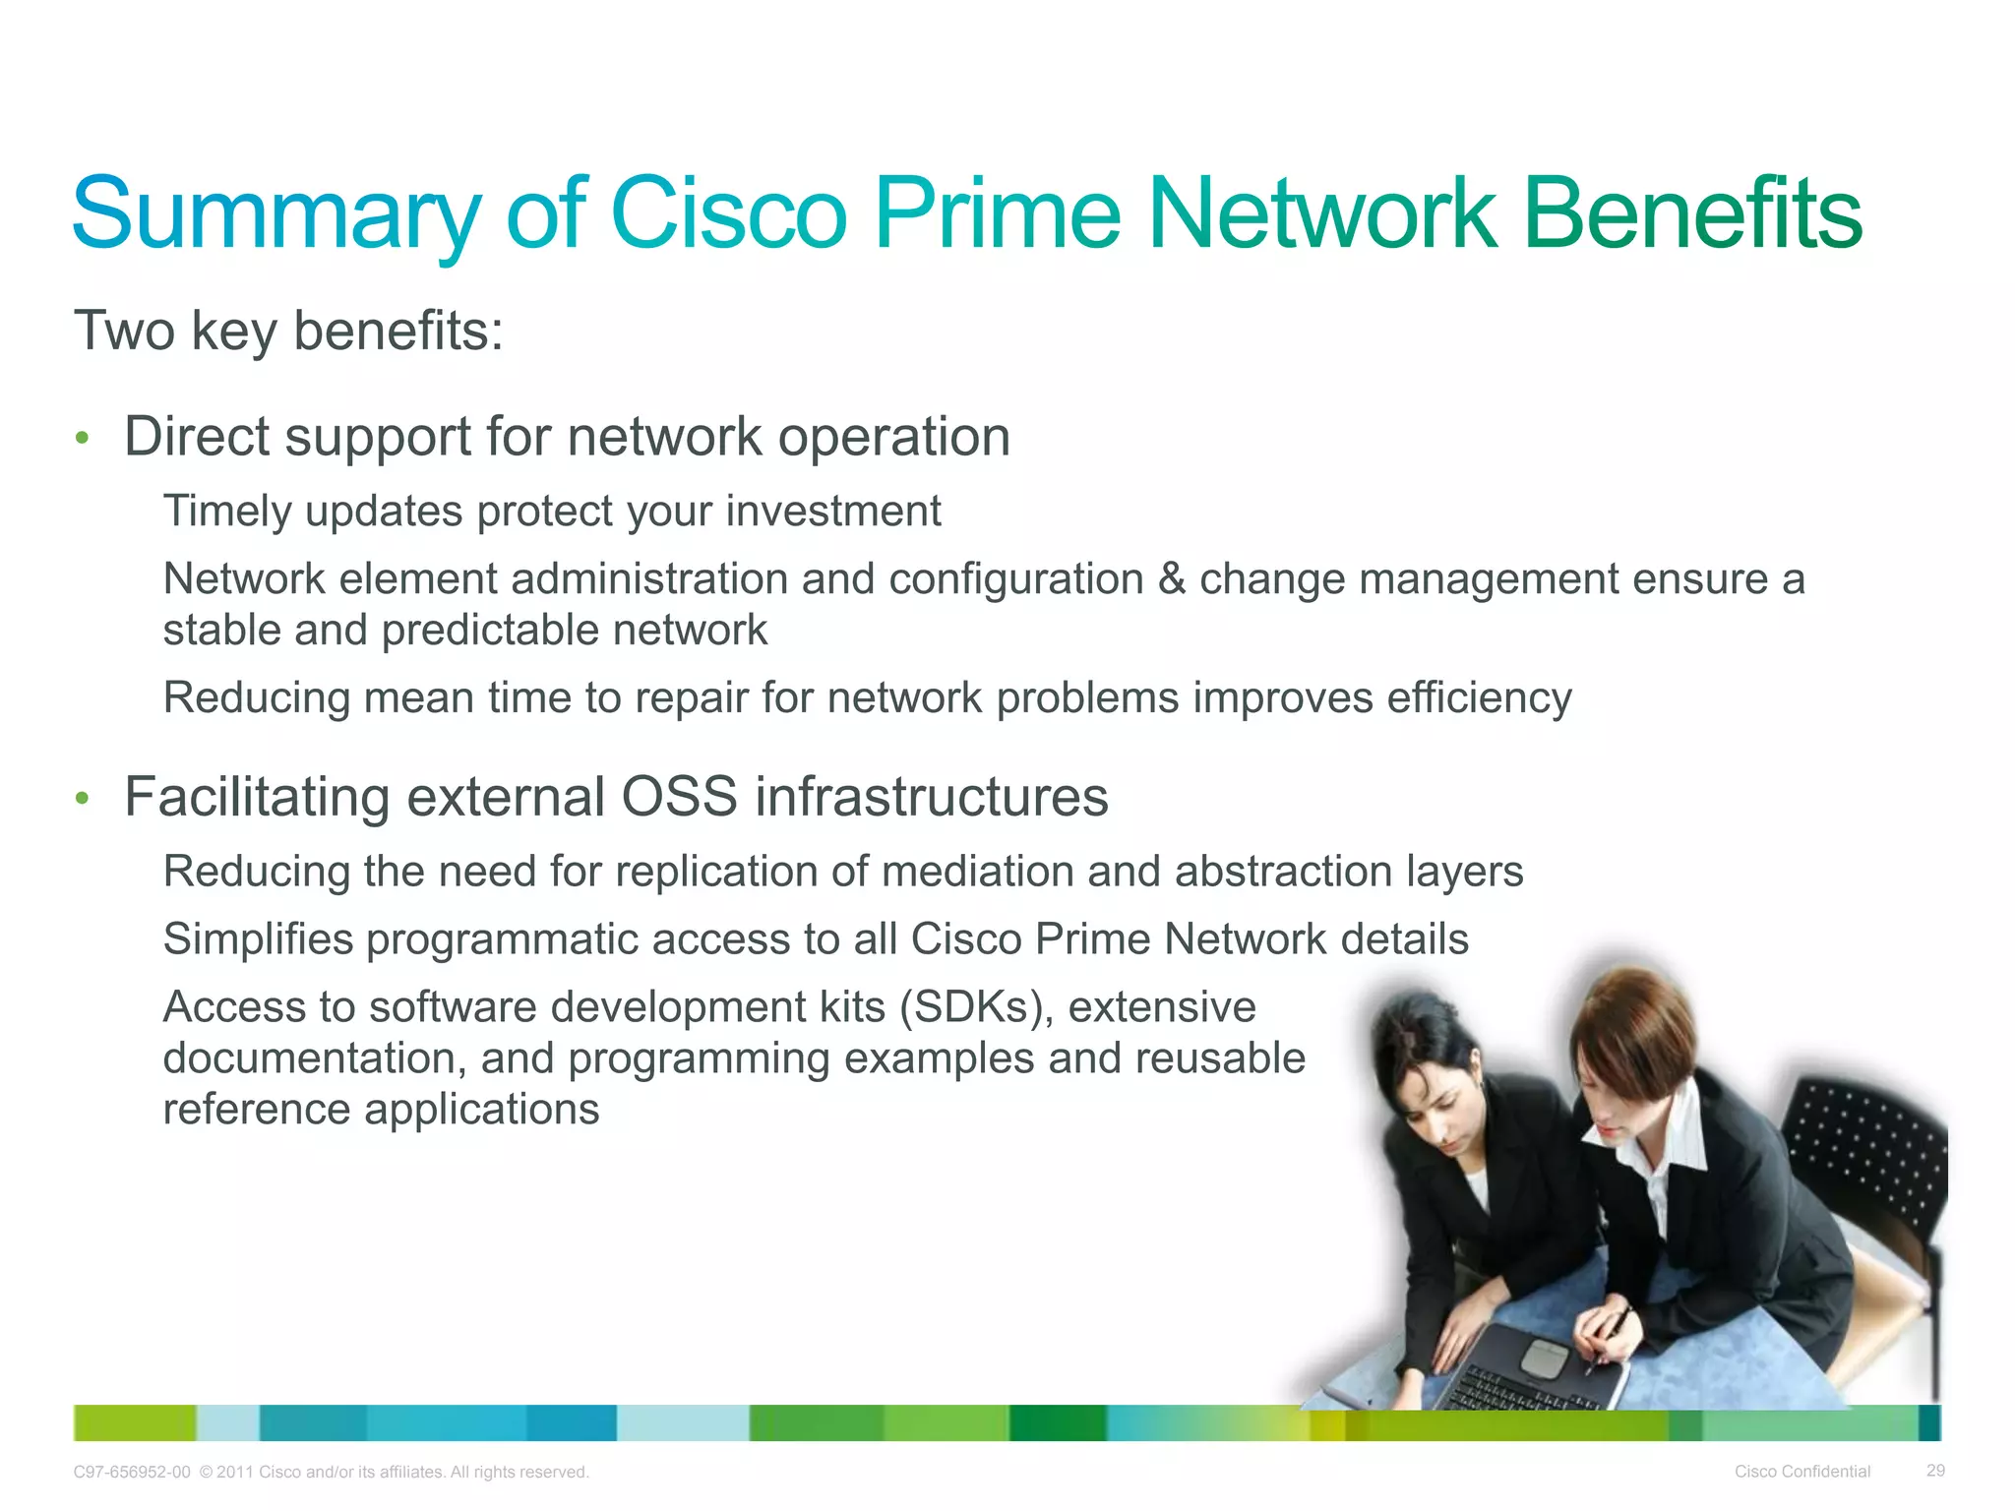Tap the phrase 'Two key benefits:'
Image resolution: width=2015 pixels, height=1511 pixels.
(x=288, y=331)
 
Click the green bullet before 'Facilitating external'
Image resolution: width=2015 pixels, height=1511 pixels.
(x=83, y=798)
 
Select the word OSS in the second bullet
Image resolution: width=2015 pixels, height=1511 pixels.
(x=679, y=797)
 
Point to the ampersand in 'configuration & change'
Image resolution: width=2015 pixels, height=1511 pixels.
(x=1171, y=578)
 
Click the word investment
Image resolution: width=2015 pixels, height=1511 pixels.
(x=832, y=512)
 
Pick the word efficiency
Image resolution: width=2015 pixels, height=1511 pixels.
(x=1479, y=698)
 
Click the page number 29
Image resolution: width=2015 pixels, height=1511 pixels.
(x=1935, y=1471)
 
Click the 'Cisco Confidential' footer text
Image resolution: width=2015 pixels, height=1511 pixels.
(x=1801, y=1472)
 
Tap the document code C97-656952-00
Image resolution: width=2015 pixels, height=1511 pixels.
(x=132, y=1473)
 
